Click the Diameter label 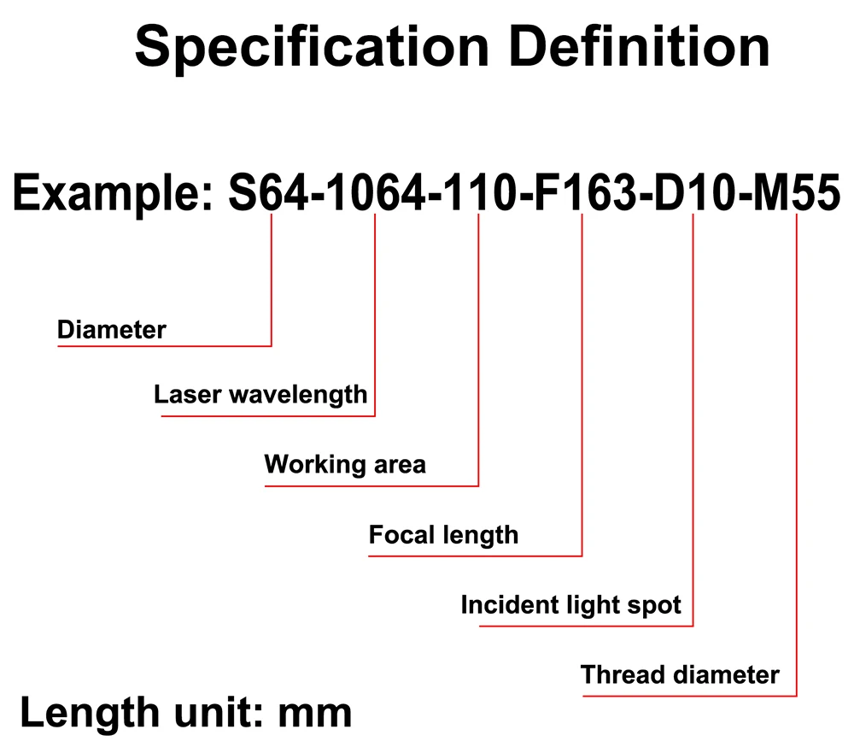(111, 329)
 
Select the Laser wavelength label (260, 395)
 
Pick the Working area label (345, 465)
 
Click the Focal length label (443, 535)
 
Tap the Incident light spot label (570, 605)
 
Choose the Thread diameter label (680, 675)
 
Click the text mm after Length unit (315, 712)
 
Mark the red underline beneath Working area (371, 486)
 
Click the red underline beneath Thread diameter (690, 696)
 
